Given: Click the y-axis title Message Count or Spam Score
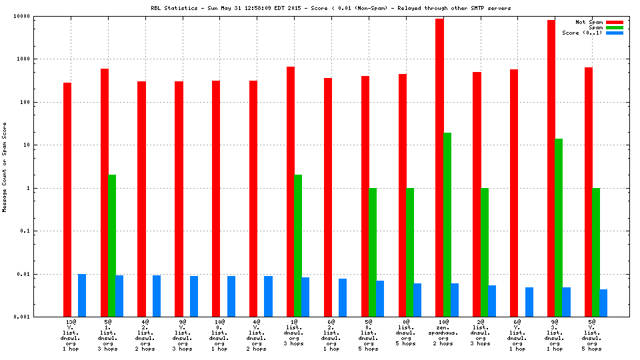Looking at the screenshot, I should [x=5, y=167].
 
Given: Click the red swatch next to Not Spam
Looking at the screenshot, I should [x=614, y=22].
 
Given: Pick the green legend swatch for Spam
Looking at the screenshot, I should [x=614, y=27].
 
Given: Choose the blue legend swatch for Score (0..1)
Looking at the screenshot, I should [x=614, y=33].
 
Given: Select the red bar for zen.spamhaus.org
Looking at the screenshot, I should [x=440, y=167].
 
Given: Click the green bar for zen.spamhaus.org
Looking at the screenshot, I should [x=447, y=225].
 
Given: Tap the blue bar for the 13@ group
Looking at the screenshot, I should [x=82, y=295].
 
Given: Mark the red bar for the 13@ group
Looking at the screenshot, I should [x=67, y=199].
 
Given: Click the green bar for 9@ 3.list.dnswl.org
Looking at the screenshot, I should [x=559, y=227].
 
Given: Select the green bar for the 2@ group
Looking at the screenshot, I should [x=485, y=252].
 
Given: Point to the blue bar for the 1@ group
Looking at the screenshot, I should [x=305, y=297].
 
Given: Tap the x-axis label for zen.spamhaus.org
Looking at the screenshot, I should [x=443, y=335].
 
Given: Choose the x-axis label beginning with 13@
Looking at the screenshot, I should [x=71, y=335].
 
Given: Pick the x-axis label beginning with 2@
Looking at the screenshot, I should [x=481, y=335].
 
